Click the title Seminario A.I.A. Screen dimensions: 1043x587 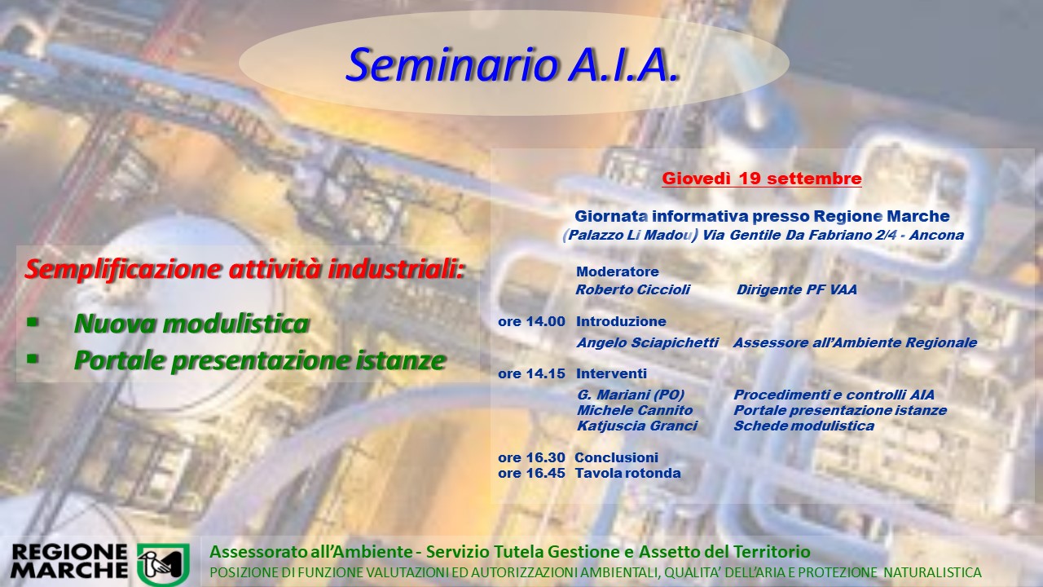coord(511,64)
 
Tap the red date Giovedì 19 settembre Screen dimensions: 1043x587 coord(762,179)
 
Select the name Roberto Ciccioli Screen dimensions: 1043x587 coord(633,289)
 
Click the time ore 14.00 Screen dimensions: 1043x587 coord(531,321)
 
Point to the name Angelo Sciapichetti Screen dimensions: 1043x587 coord(648,343)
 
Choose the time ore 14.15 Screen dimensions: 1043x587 coord(531,373)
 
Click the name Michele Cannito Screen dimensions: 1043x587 coord(635,410)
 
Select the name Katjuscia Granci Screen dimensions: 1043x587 coord(637,426)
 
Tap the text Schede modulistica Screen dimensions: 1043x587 coord(803,426)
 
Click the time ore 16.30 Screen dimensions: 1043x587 coord(531,457)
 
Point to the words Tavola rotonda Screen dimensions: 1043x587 coord(627,474)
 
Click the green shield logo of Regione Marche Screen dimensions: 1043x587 coord(163,564)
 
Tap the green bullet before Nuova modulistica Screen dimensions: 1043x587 coord(33,322)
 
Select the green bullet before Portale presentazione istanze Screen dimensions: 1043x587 coord(33,359)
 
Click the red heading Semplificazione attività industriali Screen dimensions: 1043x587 coord(245,270)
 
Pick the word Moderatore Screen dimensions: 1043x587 coord(618,271)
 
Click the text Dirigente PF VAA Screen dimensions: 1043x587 coord(797,289)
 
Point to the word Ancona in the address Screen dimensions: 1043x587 coord(936,236)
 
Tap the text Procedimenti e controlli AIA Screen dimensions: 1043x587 coord(834,395)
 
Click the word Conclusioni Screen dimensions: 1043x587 coord(617,457)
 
